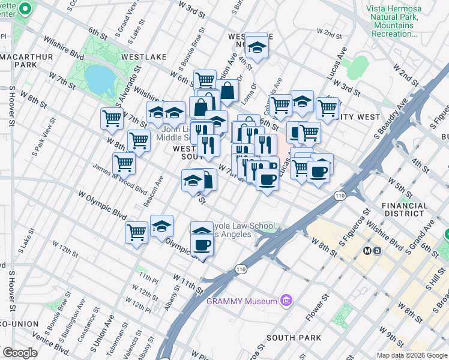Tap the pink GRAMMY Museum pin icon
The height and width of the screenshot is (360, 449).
tap(286, 301)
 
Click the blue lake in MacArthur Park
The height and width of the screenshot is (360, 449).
tap(97, 76)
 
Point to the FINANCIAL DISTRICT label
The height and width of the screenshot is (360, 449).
tap(405, 209)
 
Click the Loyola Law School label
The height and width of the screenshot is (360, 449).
tap(243, 230)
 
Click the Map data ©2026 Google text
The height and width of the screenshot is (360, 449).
tap(411, 355)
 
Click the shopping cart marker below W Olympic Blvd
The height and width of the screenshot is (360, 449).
tap(136, 232)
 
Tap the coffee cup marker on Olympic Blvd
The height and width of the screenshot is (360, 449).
tap(202, 244)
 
